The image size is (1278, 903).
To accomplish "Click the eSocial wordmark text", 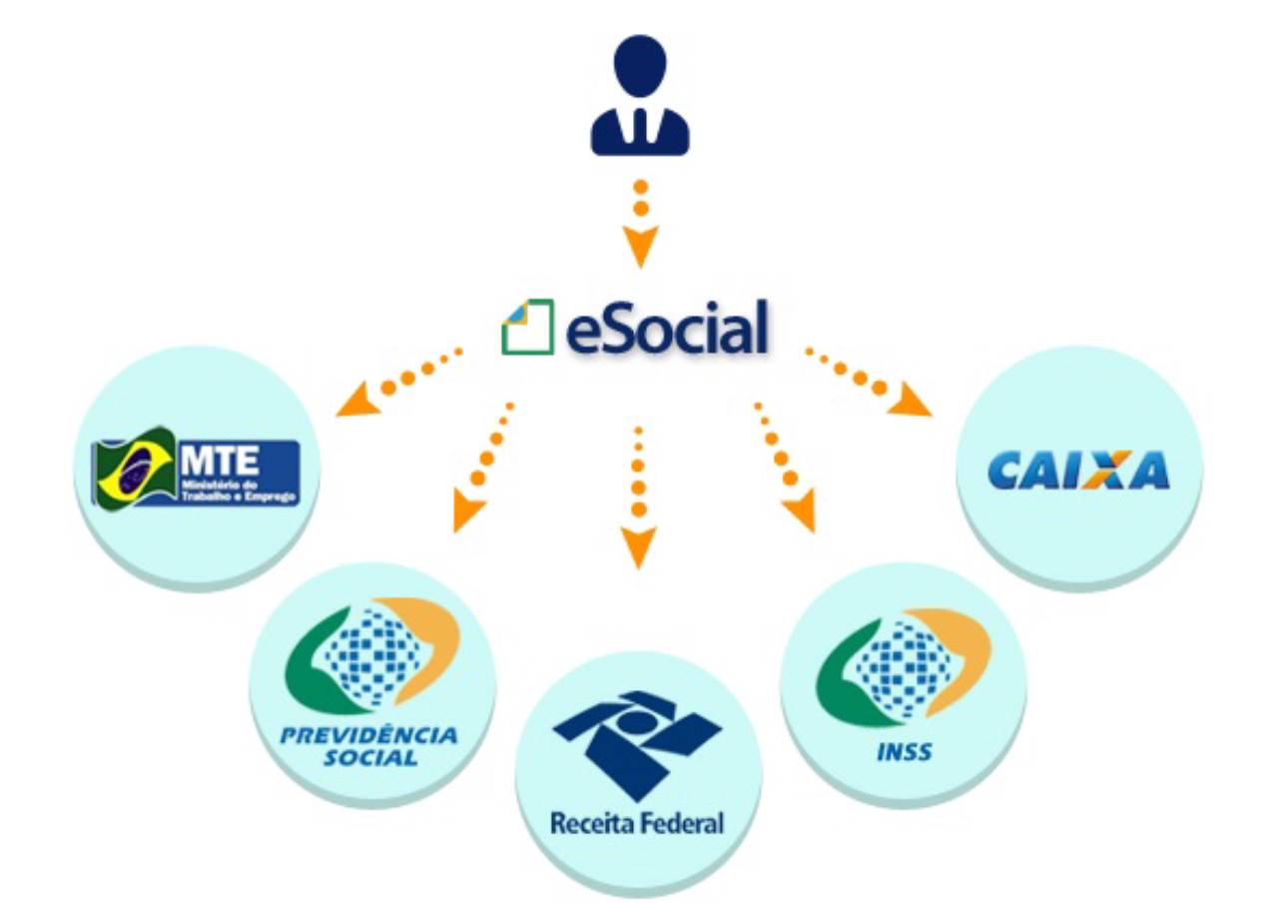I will click(667, 329).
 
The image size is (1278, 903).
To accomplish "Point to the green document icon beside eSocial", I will click(527, 327).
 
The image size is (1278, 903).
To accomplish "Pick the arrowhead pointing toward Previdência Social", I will click(467, 511).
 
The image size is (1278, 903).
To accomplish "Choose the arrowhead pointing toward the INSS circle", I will click(801, 513).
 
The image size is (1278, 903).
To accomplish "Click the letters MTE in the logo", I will click(219, 460).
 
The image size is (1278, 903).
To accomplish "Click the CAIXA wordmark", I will click(1077, 470).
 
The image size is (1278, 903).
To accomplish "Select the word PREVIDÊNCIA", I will click(368, 736).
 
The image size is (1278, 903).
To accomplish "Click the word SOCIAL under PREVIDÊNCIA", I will click(370, 758).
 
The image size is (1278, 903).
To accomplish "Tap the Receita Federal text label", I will click(637, 825).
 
